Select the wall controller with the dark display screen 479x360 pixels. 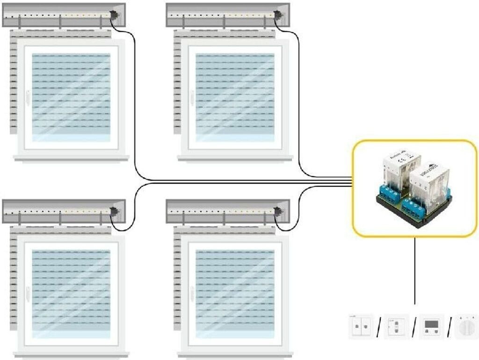(431, 326)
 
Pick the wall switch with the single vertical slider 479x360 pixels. (396, 326)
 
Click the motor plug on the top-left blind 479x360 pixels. (114, 16)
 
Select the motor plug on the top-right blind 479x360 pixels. (277, 16)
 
